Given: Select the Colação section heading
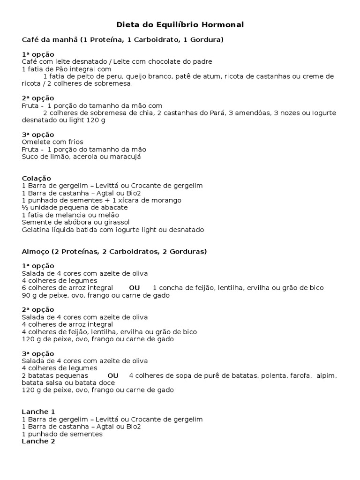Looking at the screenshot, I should tap(37, 178).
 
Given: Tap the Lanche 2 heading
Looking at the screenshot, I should tap(38, 441).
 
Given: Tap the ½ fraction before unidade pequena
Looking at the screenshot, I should tap(25, 207).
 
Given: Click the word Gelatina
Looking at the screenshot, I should tap(35, 230).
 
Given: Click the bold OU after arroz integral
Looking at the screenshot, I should tap(135, 288).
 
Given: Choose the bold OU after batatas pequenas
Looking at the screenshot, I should tap(113, 375).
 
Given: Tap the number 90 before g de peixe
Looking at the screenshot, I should tap(26, 295).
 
